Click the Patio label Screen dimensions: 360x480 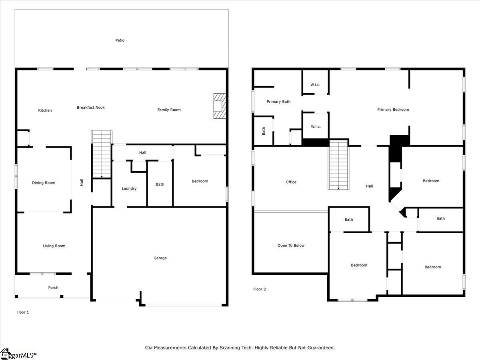[120, 40]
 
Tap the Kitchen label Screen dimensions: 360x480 [45, 110]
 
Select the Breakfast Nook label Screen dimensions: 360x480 [91, 107]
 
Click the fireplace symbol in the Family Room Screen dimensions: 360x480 [219, 106]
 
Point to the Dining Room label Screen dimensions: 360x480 [44, 183]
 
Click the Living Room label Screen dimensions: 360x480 [54, 246]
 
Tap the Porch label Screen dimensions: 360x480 [53, 288]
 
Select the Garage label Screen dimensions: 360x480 [160, 258]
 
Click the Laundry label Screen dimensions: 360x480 [129, 188]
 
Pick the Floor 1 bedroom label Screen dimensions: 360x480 [200, 181]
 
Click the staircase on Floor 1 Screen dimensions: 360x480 [102, 154]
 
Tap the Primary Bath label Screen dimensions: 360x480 [278, 102]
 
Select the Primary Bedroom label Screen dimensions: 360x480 [393, 110]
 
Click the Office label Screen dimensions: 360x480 [291, 182]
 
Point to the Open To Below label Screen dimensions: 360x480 [291, 246]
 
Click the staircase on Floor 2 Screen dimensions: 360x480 [339, 165]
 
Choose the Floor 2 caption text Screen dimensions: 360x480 [260, 289]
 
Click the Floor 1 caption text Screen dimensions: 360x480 [22, 312]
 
